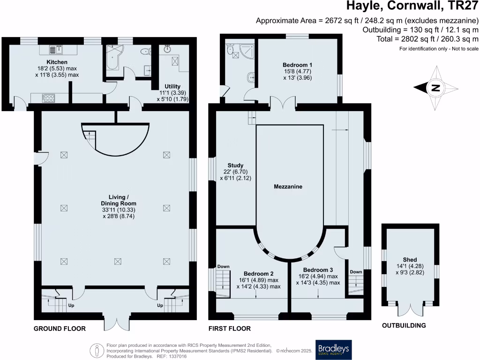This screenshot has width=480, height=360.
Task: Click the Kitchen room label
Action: (x=57, y=62)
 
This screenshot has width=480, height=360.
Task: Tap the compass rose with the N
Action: (x=435, y=88)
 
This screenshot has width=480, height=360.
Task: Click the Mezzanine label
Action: (x=288, y=187)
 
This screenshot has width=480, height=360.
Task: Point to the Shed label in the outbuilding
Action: (x=410, y=259)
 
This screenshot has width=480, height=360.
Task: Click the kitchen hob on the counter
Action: (x=49, y=98)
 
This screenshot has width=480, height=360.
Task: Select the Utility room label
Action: (x=172, y=86)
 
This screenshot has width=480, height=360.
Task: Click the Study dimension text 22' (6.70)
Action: (x=235, y=172)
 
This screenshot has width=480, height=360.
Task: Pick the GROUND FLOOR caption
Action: (x=60, y=329)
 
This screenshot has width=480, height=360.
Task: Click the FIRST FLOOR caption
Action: (x=230, y=329)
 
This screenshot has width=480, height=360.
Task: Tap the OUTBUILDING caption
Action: (x=404, y=325)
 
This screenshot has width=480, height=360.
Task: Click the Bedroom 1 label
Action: (x=297, y=65)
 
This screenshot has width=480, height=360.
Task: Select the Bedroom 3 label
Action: (x=318, y=270)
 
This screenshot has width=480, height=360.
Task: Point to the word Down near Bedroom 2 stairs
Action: (x=223, y=267)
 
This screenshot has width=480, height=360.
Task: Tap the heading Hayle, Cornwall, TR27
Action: (x=412, y=7)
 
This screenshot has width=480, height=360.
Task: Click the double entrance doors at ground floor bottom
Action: (x=116, y=323)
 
